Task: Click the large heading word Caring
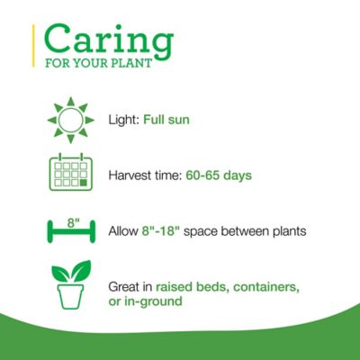click(108, 40)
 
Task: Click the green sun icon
click(69, 120)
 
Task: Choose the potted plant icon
click(69, 285)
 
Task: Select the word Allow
click(123, 231)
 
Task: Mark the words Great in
click(129, 286)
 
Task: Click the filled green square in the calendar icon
click(84, 183)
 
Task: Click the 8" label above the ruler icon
click(69, 220)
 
